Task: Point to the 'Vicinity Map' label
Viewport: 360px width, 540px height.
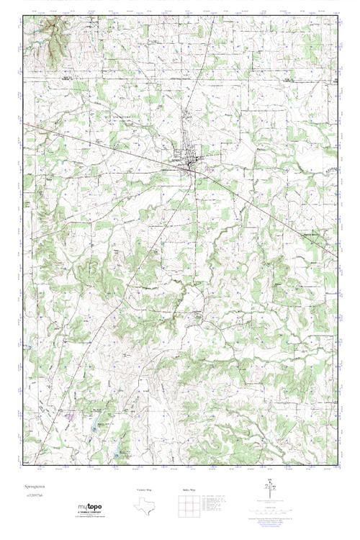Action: point(145,490)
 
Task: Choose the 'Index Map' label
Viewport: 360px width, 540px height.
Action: point(189,490)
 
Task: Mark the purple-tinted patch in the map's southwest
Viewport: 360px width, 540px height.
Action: point(70,415)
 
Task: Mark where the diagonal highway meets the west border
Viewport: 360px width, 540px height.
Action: point(23,124)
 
